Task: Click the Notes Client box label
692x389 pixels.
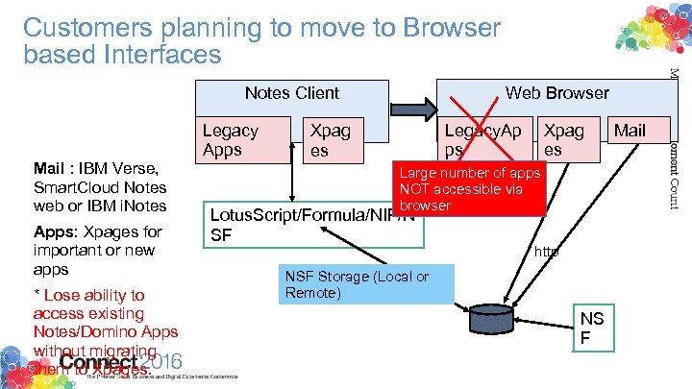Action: tap(291, 93)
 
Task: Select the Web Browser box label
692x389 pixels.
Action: tap(557, 93)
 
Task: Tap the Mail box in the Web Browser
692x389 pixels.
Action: tap(630, 131)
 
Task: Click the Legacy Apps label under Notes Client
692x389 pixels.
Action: tap(231, 140)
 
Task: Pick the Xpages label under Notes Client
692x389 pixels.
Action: tap(329, 140)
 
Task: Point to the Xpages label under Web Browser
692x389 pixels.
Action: tap(563, 139)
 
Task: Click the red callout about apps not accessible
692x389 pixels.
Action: tap(469, 189)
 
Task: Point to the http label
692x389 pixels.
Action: tap(547, 253)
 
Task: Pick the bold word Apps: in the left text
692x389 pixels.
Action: tap(56, 231)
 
